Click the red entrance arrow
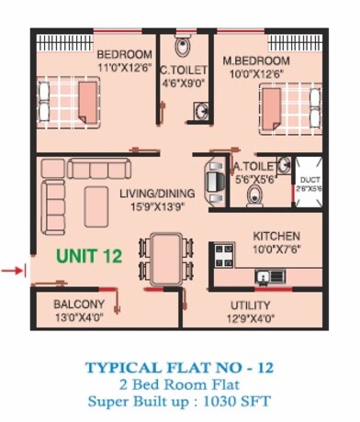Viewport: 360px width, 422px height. pos(12,270)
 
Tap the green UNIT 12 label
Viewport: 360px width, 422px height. pos(89,258)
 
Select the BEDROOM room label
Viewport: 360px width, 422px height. pos(125,54)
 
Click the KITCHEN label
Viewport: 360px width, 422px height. pos(276,235)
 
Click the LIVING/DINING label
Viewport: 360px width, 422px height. pos(157,193)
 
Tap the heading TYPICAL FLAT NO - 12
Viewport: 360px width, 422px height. pos(179,367)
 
